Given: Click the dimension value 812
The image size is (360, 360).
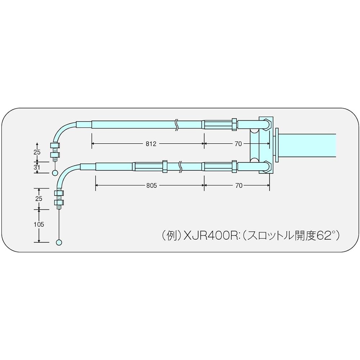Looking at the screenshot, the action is click(151, 144).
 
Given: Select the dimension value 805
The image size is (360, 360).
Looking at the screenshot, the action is click(152, 185).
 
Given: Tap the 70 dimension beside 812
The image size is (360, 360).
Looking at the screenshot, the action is click(238, 144).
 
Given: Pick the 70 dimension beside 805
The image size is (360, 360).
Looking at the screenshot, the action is click(239, 185).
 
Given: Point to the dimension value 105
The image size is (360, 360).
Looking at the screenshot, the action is click(39, 224).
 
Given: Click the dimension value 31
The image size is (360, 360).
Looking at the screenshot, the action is click(37, 167).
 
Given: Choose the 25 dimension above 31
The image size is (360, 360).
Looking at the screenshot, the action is click(37, 152).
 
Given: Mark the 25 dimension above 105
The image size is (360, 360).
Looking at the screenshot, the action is click(39, 199).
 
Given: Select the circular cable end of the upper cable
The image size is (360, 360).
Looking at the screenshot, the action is click(55, 173).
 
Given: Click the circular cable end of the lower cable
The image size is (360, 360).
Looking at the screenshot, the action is click(59, 242).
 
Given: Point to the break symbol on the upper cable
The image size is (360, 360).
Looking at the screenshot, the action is click(176, 125).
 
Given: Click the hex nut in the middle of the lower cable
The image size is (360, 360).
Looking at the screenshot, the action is click(165, 166).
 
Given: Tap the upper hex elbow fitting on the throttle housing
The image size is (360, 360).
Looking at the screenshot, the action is click(267, 124).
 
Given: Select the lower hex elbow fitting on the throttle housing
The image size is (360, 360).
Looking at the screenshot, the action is click(267, 167).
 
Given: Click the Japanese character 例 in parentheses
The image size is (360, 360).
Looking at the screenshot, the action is click(171, 236).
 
